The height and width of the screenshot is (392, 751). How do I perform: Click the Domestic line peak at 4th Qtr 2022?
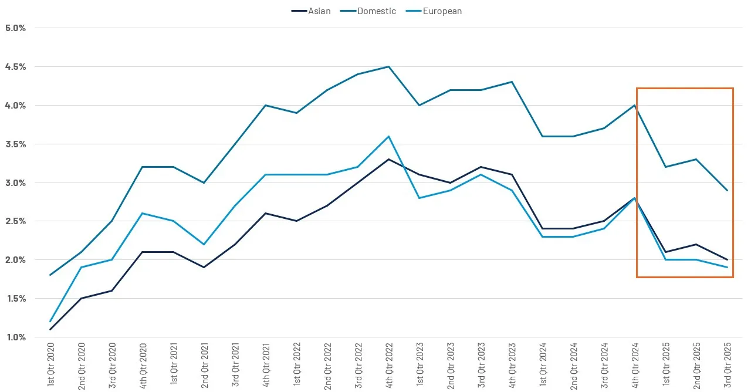coord(388,66)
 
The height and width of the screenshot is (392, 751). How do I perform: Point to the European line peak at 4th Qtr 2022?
coord(388,136)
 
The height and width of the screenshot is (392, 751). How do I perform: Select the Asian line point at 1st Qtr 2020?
coord(50,329)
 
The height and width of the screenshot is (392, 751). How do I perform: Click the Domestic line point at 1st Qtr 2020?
coord(50,275)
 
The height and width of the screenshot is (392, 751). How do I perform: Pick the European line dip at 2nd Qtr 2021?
coord(204,244)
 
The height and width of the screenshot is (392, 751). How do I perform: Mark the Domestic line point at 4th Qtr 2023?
coord(512,82)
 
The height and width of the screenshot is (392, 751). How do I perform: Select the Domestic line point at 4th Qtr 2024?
coord(635,105)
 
